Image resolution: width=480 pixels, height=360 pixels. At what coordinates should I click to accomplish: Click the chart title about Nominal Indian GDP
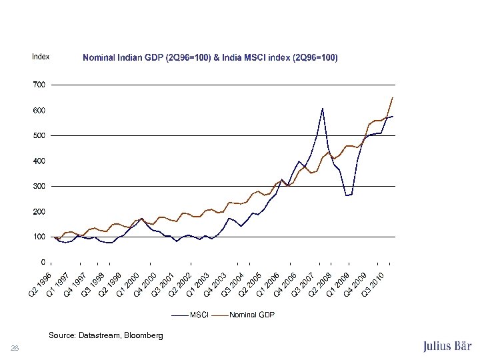pyautogui.click(x=210, y=58)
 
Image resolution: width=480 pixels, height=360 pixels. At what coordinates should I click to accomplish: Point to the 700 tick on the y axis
pyautogui.click(x=39, y=85)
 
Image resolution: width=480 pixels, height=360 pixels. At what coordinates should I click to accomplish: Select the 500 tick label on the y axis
pyautogui.click(x=39, y=135)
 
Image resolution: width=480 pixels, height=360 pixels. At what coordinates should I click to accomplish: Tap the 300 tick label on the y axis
pyautogui.click(x=39, y=186)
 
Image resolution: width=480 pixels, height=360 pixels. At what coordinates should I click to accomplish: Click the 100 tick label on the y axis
pyautogui.click(x=39, y=237)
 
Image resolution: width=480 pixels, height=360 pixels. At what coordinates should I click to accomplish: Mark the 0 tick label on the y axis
pyautogui.click(x=43, y=262)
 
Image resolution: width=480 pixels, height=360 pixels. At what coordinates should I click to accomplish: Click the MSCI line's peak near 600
pyautogui.click(x=322, y=108)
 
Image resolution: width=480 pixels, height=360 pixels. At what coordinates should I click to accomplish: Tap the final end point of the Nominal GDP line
pyautogui.click(x=393, y=97)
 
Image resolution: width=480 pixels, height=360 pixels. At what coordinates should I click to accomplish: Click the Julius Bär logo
pyautogui.click(x=447, y=346)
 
